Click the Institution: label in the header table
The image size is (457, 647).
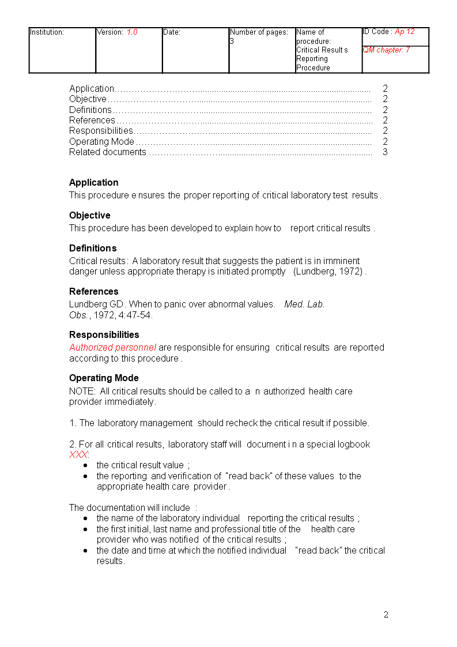tap(47, 32)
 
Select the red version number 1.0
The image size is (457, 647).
tap(132, 32)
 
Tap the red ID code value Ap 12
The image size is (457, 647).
tap(405, 32)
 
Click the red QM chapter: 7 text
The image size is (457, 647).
tap(386, 50)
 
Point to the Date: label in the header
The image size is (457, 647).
tap(172, 32)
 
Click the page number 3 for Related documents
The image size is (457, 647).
tap(385, 152)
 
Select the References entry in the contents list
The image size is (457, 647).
tap(92, 121)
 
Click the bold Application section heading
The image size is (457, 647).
tap(94, 183)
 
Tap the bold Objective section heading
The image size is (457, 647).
tap(90, 216)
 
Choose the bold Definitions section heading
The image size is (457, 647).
tap(93, 249)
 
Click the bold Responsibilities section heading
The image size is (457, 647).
tap(104, 335)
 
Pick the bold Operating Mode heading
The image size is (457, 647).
tap(104, 378)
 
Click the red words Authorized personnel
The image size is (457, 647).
tap(113, 348)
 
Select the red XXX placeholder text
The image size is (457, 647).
tap(79, 455)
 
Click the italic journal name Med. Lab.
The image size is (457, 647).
tap(304, 304)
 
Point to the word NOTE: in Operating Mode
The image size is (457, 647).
tap(82, 392)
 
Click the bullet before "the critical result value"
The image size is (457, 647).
tap(86, 465)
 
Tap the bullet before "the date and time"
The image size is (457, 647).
tap(86, 551)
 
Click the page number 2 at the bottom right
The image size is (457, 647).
tap(386, 615)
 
